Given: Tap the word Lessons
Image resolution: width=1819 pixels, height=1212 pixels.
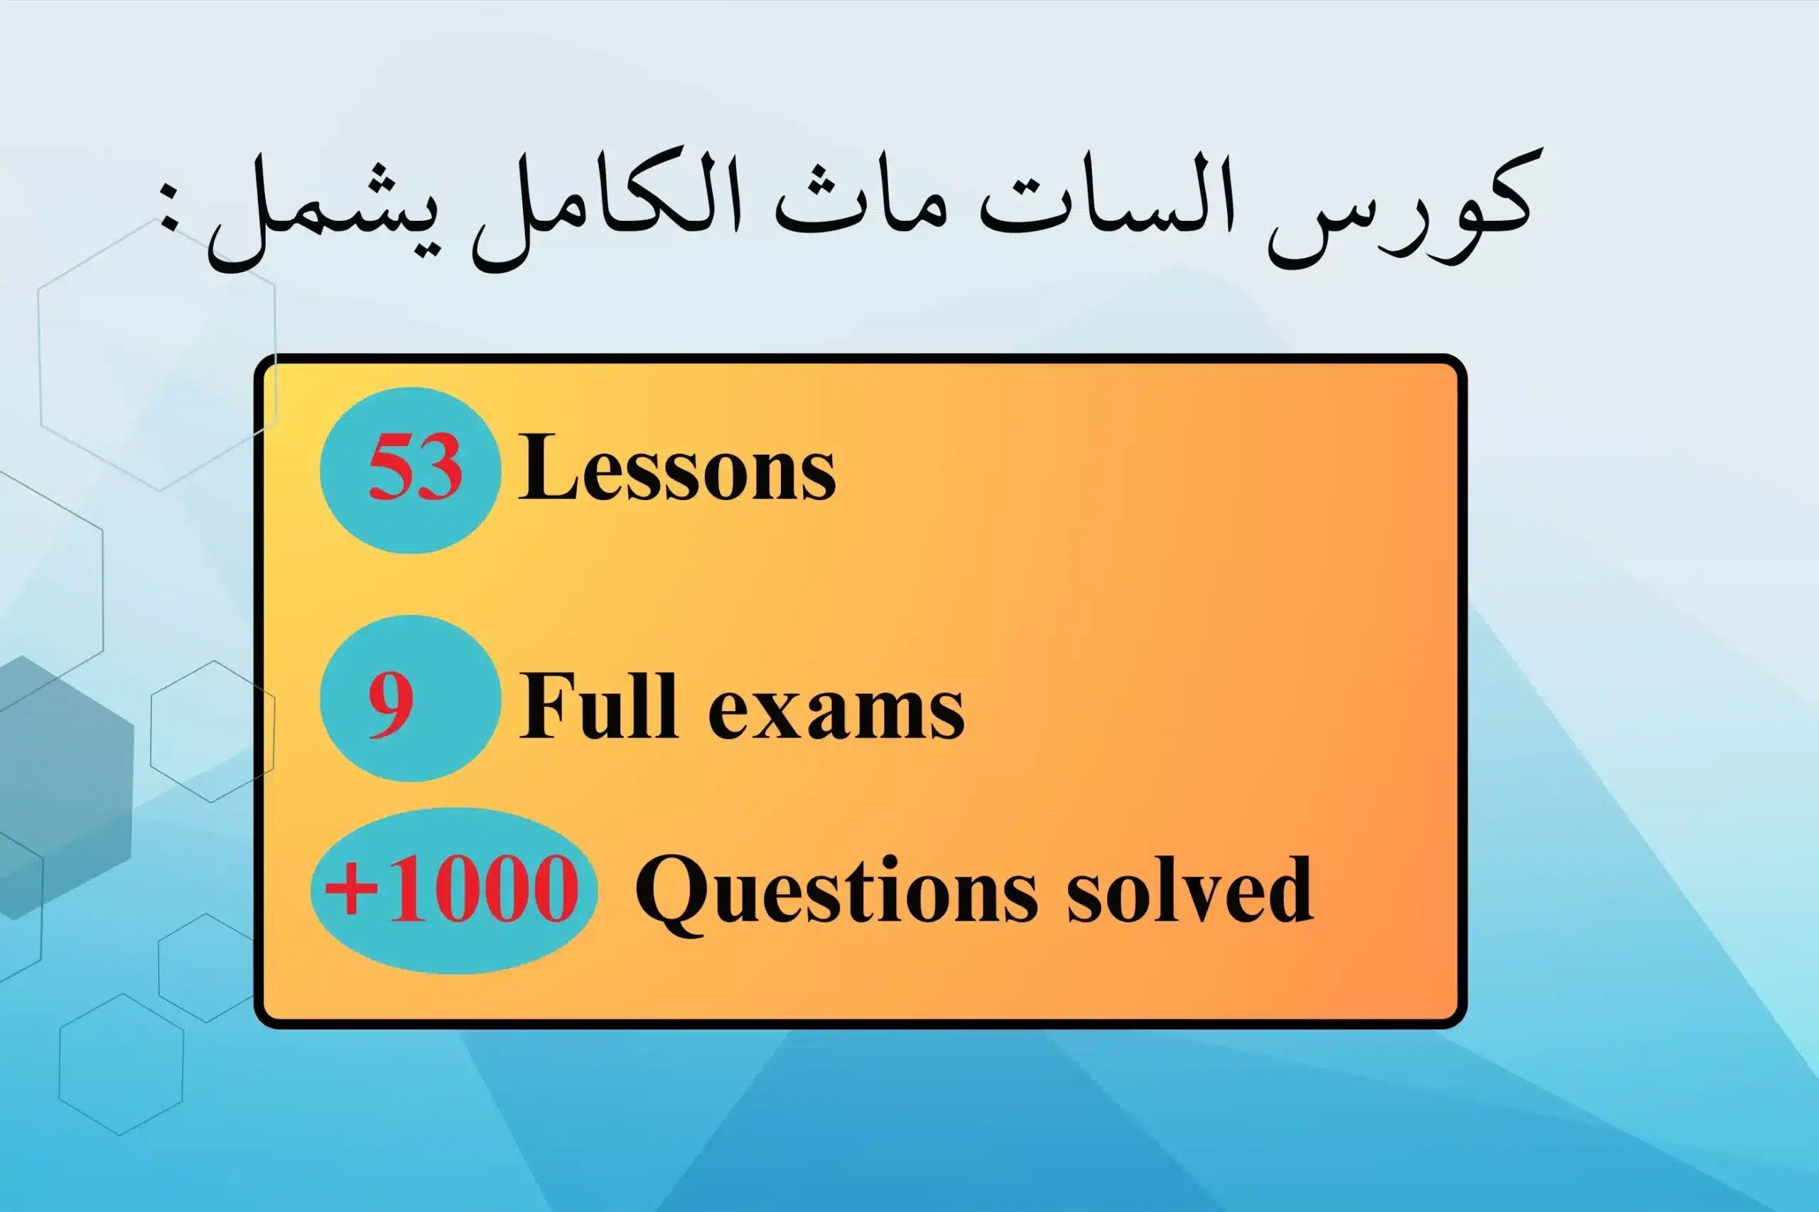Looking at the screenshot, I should point(677,468).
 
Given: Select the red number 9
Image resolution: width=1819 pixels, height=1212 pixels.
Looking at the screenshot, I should point(390,703).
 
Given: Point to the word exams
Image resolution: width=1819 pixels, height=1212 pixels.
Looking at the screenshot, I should point(836,710).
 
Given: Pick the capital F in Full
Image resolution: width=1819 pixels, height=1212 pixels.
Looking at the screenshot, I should point(546,705).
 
